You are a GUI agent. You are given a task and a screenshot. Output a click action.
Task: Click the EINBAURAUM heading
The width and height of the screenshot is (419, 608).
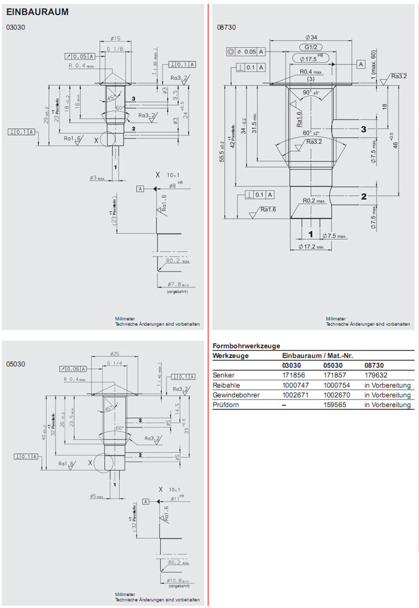coord(37,11)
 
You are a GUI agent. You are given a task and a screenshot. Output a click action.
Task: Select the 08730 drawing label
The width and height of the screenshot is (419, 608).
coord(225,28)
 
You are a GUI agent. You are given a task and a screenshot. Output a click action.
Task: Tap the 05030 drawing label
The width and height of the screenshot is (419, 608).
coord(16,363)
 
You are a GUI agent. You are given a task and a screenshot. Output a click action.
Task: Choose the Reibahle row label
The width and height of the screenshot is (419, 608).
coord(225,385)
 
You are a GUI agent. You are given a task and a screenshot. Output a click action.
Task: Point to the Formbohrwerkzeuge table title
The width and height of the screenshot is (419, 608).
coord(247,346)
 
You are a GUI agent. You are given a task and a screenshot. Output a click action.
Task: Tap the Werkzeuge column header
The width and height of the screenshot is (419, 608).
coord(230,356)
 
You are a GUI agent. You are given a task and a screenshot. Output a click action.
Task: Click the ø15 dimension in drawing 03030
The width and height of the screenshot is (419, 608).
coord(115,38)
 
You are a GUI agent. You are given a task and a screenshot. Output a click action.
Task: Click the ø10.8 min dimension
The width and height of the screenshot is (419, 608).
coord(178,580)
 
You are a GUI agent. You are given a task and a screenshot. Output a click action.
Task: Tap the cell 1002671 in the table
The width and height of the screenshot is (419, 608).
coord(295,395)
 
